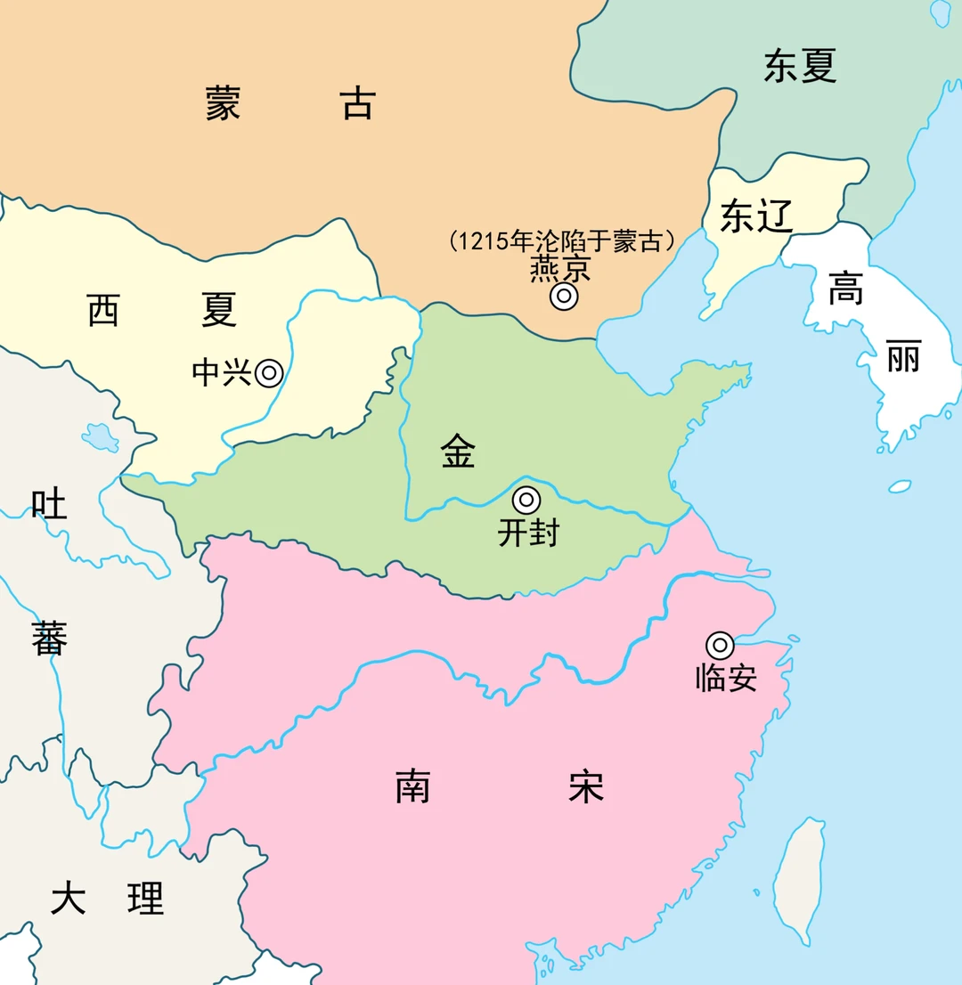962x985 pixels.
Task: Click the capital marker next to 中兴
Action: click(x=269, y=373)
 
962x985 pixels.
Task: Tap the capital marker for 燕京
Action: click(x=564, y=297)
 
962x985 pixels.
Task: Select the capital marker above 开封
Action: click(x=526, y=501)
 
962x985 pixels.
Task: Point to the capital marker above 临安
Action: click(x=720, y=645)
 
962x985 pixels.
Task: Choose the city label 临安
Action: click(x=726, y=679)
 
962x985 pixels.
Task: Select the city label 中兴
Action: click(x=222, y=373)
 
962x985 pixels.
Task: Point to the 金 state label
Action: click(x=458, y=452)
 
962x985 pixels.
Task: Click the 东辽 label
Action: click(x=756, y=216)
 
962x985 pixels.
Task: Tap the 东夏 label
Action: click(x=800, y=67)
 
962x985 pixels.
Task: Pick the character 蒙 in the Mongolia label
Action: click(x=223, y=103)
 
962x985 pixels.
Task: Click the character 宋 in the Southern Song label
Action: click(x=585, y=787)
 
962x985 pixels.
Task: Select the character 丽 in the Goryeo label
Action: click(x=902, y=360)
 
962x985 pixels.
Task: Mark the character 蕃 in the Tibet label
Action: click(x=49, y=639)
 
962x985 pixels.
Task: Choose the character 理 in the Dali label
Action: click(x=145, y=899)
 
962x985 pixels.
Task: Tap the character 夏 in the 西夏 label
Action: click(x=218, y=310)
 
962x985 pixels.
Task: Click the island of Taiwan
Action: click(x=798, y=877)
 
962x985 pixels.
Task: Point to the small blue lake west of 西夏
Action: click(x=100, y=436)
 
